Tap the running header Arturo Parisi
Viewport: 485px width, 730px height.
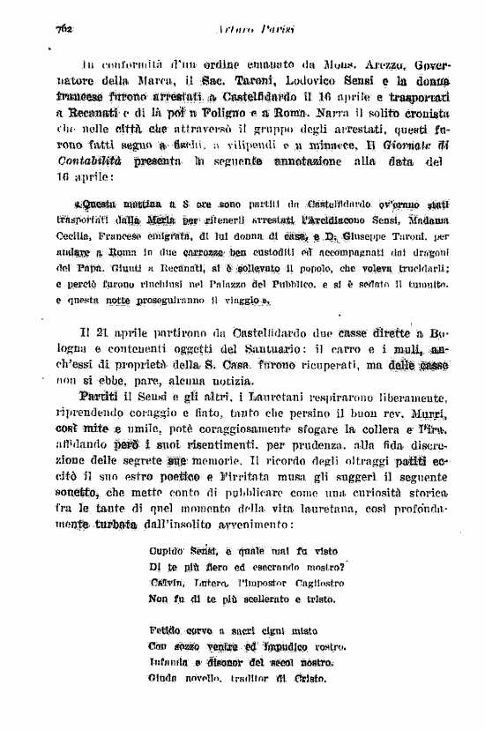[243, 29]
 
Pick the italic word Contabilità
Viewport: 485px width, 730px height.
[91, 162]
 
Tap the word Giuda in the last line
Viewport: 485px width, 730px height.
[165, 679]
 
